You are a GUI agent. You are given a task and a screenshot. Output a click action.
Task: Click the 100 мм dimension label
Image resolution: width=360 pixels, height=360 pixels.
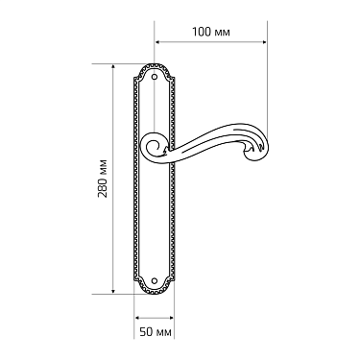[x=211, y=32]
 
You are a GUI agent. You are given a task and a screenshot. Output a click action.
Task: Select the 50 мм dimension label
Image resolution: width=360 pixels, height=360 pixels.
[x=155, y=331]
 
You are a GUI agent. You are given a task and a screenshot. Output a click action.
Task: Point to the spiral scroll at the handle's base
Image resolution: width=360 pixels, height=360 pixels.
[x=153, y=146]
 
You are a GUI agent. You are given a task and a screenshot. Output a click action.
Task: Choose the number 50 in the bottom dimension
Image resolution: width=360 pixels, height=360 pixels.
[x=147, y=331]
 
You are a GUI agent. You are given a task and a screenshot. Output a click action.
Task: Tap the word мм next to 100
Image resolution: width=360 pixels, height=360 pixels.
[x=223, y=32]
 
